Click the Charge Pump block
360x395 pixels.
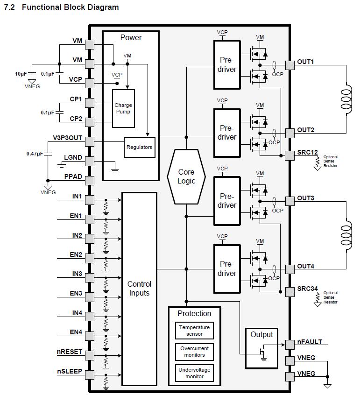(123, 108)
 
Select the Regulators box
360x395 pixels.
(139, 147)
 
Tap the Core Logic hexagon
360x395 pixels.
(186, 176)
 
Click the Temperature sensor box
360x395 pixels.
(194, 331)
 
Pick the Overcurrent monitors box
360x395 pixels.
(194, 352)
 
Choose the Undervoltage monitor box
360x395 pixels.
(194, 373)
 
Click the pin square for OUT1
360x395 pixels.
(289, 65)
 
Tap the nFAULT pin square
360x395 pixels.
(289, 345)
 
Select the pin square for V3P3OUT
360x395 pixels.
(90, 141)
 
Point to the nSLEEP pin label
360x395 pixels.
(70, 371)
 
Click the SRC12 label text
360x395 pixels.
(307, 152)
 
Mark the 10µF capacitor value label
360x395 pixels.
(21, 74)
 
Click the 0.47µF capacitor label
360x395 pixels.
(35, 154)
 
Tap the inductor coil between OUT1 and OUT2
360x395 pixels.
(346, 99)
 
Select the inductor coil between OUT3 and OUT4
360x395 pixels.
(346, 235)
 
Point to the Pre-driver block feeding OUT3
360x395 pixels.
(227, 201)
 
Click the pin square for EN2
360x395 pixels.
(90, 258)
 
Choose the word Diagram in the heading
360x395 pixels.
(103, 7)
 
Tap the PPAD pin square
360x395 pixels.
(90, 181)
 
